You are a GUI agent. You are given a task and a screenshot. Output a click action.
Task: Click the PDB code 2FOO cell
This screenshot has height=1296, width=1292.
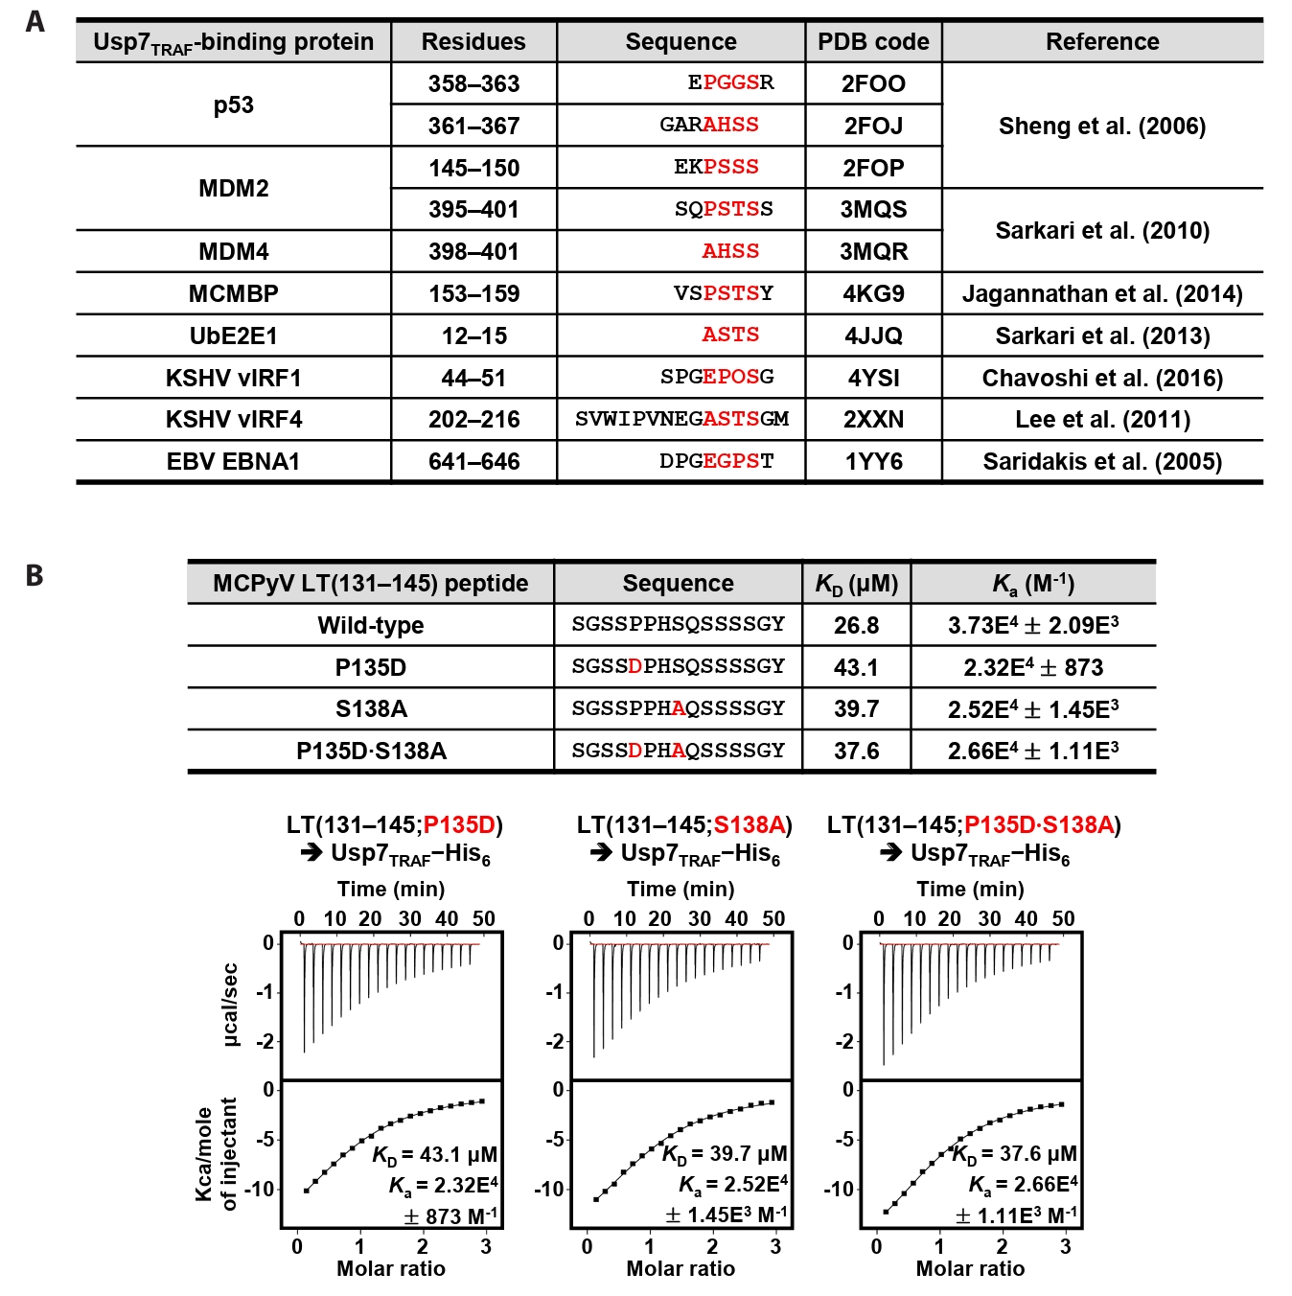873,83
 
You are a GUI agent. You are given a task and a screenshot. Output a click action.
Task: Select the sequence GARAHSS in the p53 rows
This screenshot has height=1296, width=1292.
709,125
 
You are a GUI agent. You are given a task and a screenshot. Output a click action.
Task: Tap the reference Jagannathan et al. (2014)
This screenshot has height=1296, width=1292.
1102,293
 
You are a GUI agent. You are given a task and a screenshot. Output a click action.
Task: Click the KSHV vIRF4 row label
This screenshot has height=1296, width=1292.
234,419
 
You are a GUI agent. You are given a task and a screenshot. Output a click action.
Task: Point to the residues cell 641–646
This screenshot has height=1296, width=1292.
473,461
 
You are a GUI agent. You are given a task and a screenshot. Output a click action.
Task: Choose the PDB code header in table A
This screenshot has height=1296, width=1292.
873,41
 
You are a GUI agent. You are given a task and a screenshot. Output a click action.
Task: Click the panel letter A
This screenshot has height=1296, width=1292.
35,21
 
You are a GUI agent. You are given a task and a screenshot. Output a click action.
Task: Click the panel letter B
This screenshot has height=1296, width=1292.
35,575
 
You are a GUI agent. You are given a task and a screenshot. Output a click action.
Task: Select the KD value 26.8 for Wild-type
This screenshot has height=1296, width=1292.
856,625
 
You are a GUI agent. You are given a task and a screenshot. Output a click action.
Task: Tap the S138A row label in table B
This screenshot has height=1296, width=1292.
371,708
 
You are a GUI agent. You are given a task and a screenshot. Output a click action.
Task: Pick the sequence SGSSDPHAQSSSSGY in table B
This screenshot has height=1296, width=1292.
678,751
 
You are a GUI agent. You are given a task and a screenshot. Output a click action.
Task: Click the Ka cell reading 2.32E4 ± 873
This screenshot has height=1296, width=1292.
1033,667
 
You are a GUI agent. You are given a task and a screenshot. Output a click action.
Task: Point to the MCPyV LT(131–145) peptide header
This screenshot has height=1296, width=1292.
371,583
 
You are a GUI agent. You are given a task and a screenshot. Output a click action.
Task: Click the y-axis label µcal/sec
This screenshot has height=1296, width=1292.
230,1005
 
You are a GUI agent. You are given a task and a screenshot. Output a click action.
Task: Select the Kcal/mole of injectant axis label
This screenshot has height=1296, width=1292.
217,1154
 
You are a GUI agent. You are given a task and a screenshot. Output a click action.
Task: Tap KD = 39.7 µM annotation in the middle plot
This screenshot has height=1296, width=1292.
725,1153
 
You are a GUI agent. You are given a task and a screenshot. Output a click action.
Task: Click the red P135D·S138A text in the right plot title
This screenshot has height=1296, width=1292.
1039,824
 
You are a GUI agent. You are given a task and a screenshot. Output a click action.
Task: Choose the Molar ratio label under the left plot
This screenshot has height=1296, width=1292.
391,1268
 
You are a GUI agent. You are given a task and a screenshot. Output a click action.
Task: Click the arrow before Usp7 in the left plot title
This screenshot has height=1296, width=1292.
311,852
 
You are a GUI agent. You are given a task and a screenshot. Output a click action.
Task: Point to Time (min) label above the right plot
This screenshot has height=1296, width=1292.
970,889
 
